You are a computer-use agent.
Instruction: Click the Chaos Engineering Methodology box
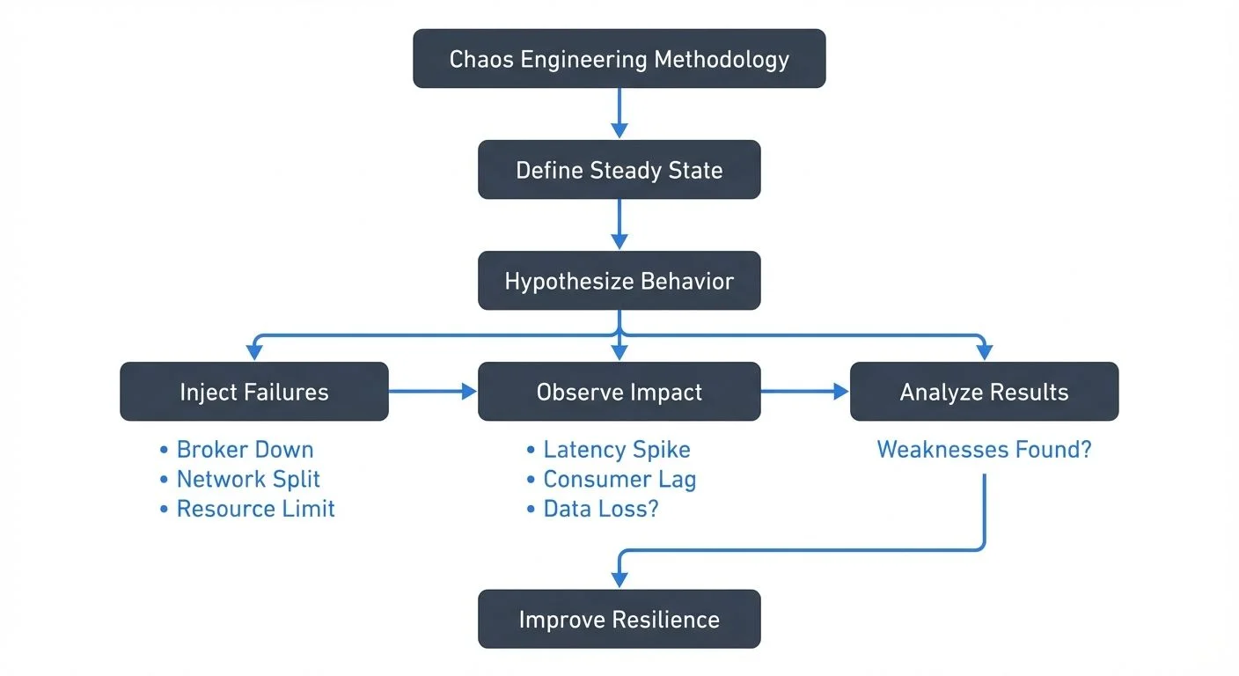click(x=619, y=59)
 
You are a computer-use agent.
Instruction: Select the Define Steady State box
click(x=619, y=170)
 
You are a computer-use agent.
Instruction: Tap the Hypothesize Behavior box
click(x=619, y=282)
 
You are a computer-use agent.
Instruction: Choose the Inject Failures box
click(x=253, y=392)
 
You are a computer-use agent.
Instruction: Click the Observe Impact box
click(x=619, y=392)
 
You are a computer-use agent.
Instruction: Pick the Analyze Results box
click(x=984, y=392)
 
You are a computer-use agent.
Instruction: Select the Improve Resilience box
click(x=619, y=619)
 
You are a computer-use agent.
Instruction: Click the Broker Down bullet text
click(x=245, y=450)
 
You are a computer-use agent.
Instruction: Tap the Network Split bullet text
click(x=248, y=480)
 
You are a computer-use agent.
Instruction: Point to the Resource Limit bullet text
click(x=255, y=509)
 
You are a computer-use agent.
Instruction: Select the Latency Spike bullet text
click(x=616, y=450)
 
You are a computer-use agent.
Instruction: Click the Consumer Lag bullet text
click(x=619, y=480)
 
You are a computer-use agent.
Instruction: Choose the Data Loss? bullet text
click(x=600, y=509)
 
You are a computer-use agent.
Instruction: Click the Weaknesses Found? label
click(x=984, y=450)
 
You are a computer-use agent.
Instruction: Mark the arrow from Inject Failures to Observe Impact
click(x=432, y=392)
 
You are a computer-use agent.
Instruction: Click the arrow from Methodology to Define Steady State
click(x=619, y=113)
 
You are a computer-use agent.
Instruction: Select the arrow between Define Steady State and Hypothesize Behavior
click(x=619, y=224)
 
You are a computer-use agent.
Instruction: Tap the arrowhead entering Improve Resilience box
click(x=619, y=580)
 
